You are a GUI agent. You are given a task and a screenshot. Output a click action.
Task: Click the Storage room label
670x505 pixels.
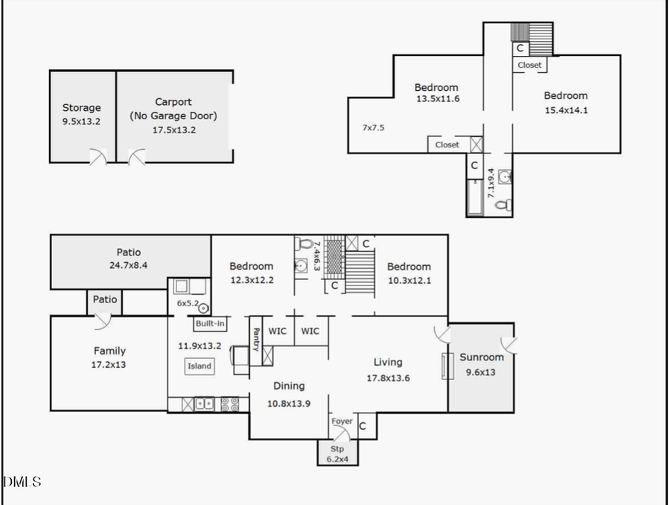pyautogui.click(x=81, y=108)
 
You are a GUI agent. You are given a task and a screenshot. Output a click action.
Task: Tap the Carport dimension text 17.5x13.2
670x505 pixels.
pyautogui.click(x=173, y=130)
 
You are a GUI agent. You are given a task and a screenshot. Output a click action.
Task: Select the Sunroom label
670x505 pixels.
pyautogui.click(x=481, y=357)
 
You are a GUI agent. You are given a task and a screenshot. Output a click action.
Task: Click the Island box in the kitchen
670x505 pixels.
pyautogui.click(x=200, y=366)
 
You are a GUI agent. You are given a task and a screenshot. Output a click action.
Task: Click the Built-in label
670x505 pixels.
pyautogui.click(x=210, y=324)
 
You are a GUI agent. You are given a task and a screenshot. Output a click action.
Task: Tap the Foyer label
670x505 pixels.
pyautogui.click(x=342, y=422)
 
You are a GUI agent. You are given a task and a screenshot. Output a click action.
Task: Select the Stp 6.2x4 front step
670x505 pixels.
pyautogui.click(x=338, y=454)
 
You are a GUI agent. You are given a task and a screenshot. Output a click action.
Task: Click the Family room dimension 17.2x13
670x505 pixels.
pyautogui.click(x=109, y=365)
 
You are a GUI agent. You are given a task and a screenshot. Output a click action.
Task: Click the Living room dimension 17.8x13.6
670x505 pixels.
pyautogui.click(x=387, y=378)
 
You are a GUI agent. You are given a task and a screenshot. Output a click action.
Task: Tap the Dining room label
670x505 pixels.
pyautogui.click(x=289, y=386)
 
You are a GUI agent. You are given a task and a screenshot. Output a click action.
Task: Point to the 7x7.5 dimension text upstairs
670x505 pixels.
pyautogui.click(x=373, y=127)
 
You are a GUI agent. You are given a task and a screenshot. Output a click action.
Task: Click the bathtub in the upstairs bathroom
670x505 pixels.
pyautogui.click(x=475, y=197)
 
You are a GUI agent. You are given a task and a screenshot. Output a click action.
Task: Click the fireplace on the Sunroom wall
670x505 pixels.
pyautogui.click(x=447, y=366)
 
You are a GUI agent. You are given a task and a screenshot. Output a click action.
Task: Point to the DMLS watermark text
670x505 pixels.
pyautogui.click(x=22, y=482)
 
